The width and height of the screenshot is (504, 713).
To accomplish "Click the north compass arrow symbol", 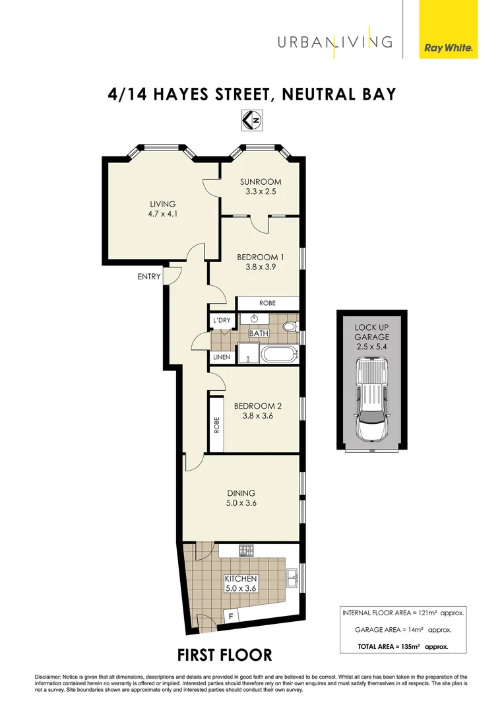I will [x=252, y=119].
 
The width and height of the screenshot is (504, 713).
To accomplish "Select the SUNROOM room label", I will [x=261, y=182].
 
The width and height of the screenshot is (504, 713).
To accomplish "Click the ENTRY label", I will [x=149, y=277].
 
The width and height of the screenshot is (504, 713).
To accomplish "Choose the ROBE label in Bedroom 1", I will [x=267, y=303].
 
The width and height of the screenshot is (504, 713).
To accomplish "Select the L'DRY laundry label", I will [x=221, y=320].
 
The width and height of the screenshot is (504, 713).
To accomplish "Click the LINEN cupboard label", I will [x=221, y=357].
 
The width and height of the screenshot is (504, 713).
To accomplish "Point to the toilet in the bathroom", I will [x=290, y=327].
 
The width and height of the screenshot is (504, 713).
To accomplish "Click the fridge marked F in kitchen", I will [x=230, y=617].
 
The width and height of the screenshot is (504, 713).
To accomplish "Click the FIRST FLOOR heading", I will [x=224, y=655].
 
